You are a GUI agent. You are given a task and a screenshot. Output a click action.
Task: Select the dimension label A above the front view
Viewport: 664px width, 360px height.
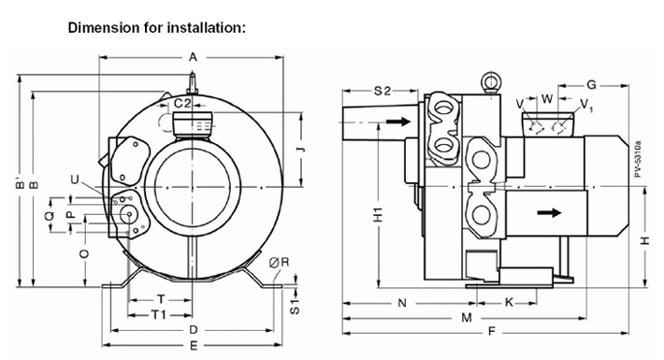[193, 57]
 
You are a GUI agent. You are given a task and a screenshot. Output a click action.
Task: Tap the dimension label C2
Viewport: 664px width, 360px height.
[183, 103]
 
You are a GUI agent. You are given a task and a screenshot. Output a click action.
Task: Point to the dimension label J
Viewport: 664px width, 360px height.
[301, 149]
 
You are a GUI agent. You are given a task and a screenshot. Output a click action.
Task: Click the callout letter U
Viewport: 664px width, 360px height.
[75, 180]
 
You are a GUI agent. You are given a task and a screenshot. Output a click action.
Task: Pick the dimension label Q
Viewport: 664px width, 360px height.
[50, 215]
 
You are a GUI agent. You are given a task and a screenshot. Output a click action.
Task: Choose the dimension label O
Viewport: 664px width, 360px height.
[84, 253]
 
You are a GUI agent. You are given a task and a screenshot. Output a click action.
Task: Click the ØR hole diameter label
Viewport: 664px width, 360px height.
[279, 262]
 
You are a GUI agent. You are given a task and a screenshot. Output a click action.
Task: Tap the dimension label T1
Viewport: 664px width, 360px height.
[159, 315]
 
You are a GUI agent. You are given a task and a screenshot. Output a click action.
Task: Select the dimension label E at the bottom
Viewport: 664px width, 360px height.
[193, 346]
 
